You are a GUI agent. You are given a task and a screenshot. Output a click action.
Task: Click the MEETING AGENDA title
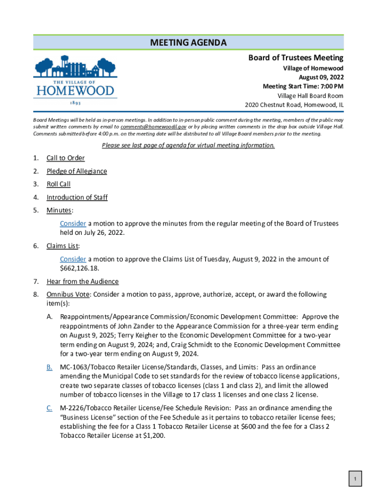[188, 43]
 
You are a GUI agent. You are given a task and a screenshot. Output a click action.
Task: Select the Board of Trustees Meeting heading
[295, 58]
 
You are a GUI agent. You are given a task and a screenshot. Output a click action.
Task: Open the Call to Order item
[66, 158]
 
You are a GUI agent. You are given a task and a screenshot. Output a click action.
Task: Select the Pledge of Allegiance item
[76, 171]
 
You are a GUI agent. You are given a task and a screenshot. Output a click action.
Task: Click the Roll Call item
[58, 184]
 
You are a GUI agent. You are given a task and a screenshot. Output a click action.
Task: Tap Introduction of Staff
[77, 198]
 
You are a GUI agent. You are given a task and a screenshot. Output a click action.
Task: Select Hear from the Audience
[82, 281]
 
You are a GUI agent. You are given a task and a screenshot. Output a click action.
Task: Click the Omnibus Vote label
[68, 295]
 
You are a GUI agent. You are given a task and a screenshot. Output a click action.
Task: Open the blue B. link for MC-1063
[49, 367]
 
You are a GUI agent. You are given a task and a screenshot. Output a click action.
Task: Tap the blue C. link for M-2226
[49, 408]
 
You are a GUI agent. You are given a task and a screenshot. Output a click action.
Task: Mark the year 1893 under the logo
[75, 104]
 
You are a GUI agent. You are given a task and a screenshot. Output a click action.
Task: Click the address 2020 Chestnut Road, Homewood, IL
[294, 105]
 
